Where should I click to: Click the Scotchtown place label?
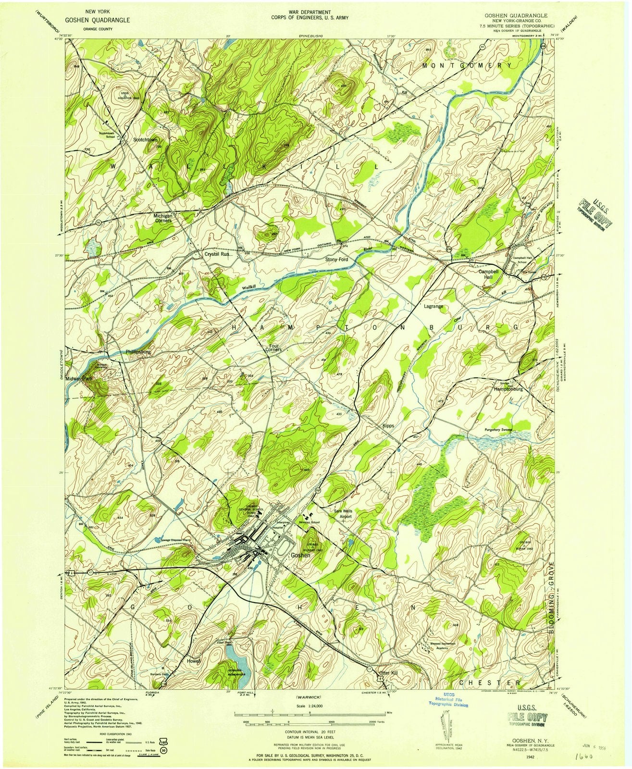[145, 140]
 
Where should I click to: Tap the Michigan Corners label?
[162, 219]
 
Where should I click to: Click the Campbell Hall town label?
[489, 274]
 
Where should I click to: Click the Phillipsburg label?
[138, 352]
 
